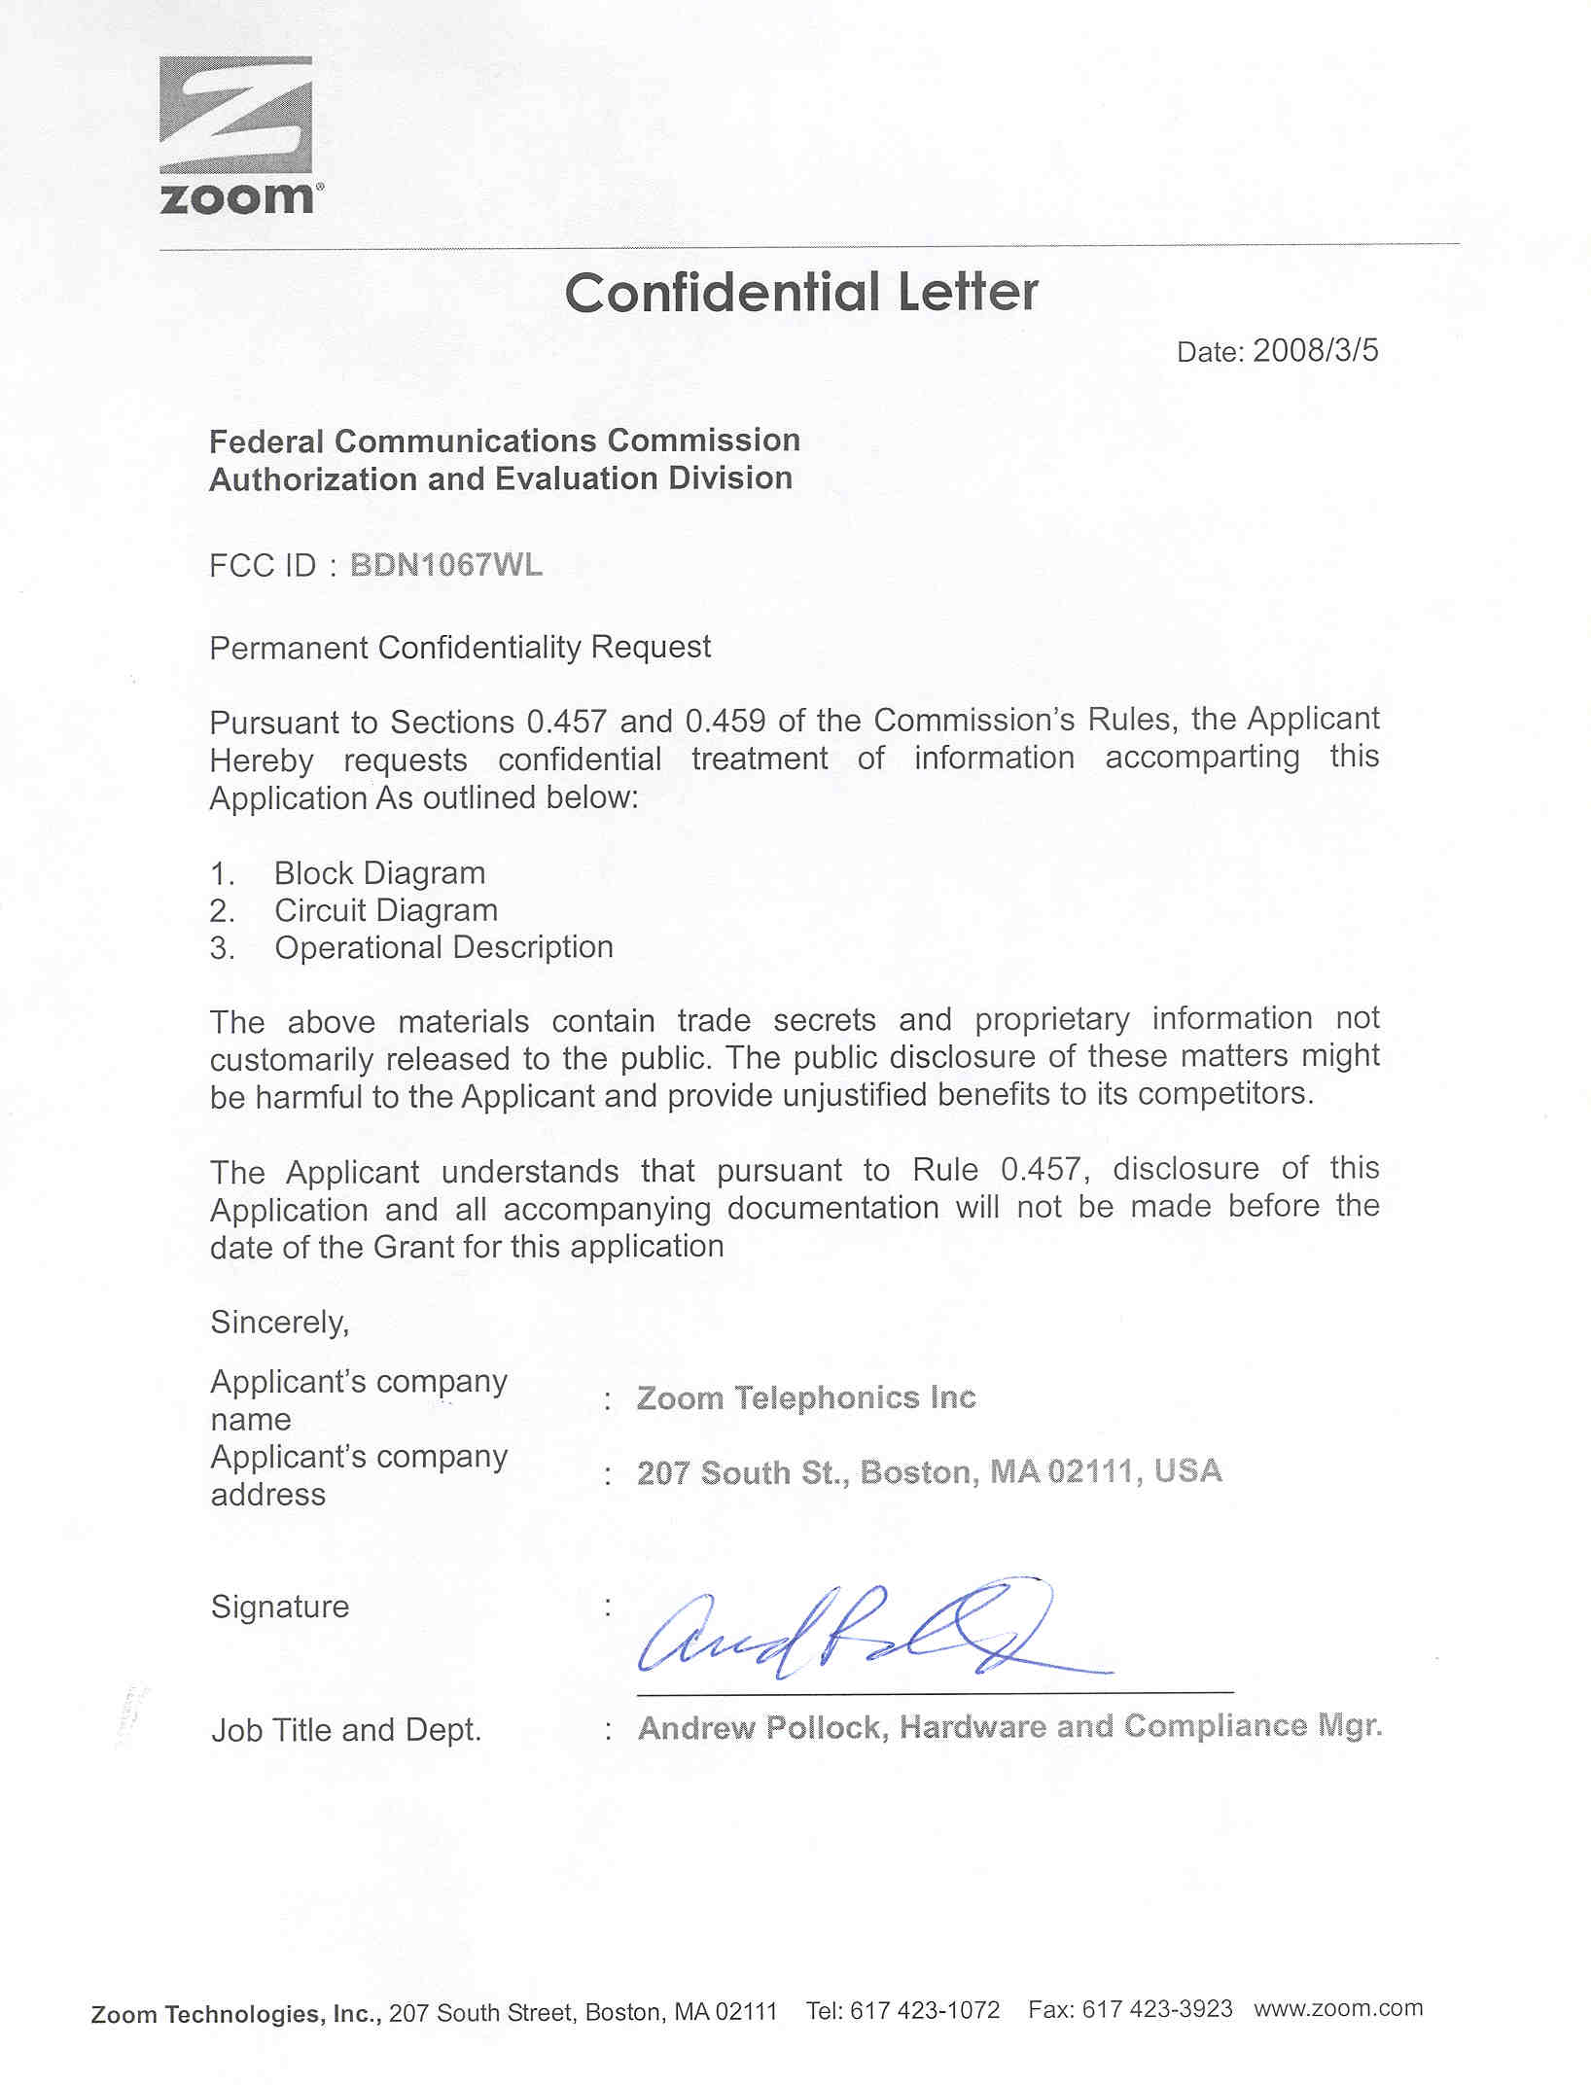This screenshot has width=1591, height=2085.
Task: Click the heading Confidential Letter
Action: point(801,292)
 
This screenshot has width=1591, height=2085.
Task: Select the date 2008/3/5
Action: point(1315,350)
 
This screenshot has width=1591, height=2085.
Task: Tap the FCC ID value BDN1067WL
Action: point(445,565)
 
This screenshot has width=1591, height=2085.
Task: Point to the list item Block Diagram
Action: point(379,873)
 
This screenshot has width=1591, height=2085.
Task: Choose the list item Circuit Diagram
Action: point(386,910)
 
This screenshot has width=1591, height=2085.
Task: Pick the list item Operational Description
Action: point(443,947)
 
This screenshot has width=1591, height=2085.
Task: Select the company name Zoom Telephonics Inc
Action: point(806,1397)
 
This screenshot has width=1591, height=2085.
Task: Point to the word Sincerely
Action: point(279,1322)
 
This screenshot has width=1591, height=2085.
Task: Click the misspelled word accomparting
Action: point(1202,758)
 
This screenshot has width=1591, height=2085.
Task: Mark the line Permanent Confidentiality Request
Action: point(460,647)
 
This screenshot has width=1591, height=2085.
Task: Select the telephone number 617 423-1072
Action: point(924,2010)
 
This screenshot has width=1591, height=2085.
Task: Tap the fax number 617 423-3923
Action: point(1157,2009)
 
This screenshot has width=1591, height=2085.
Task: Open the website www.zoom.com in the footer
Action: point(1338,2008)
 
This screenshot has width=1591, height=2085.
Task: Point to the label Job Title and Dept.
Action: point(346,1730)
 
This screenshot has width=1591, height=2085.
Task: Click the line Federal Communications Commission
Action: point(505,441)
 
